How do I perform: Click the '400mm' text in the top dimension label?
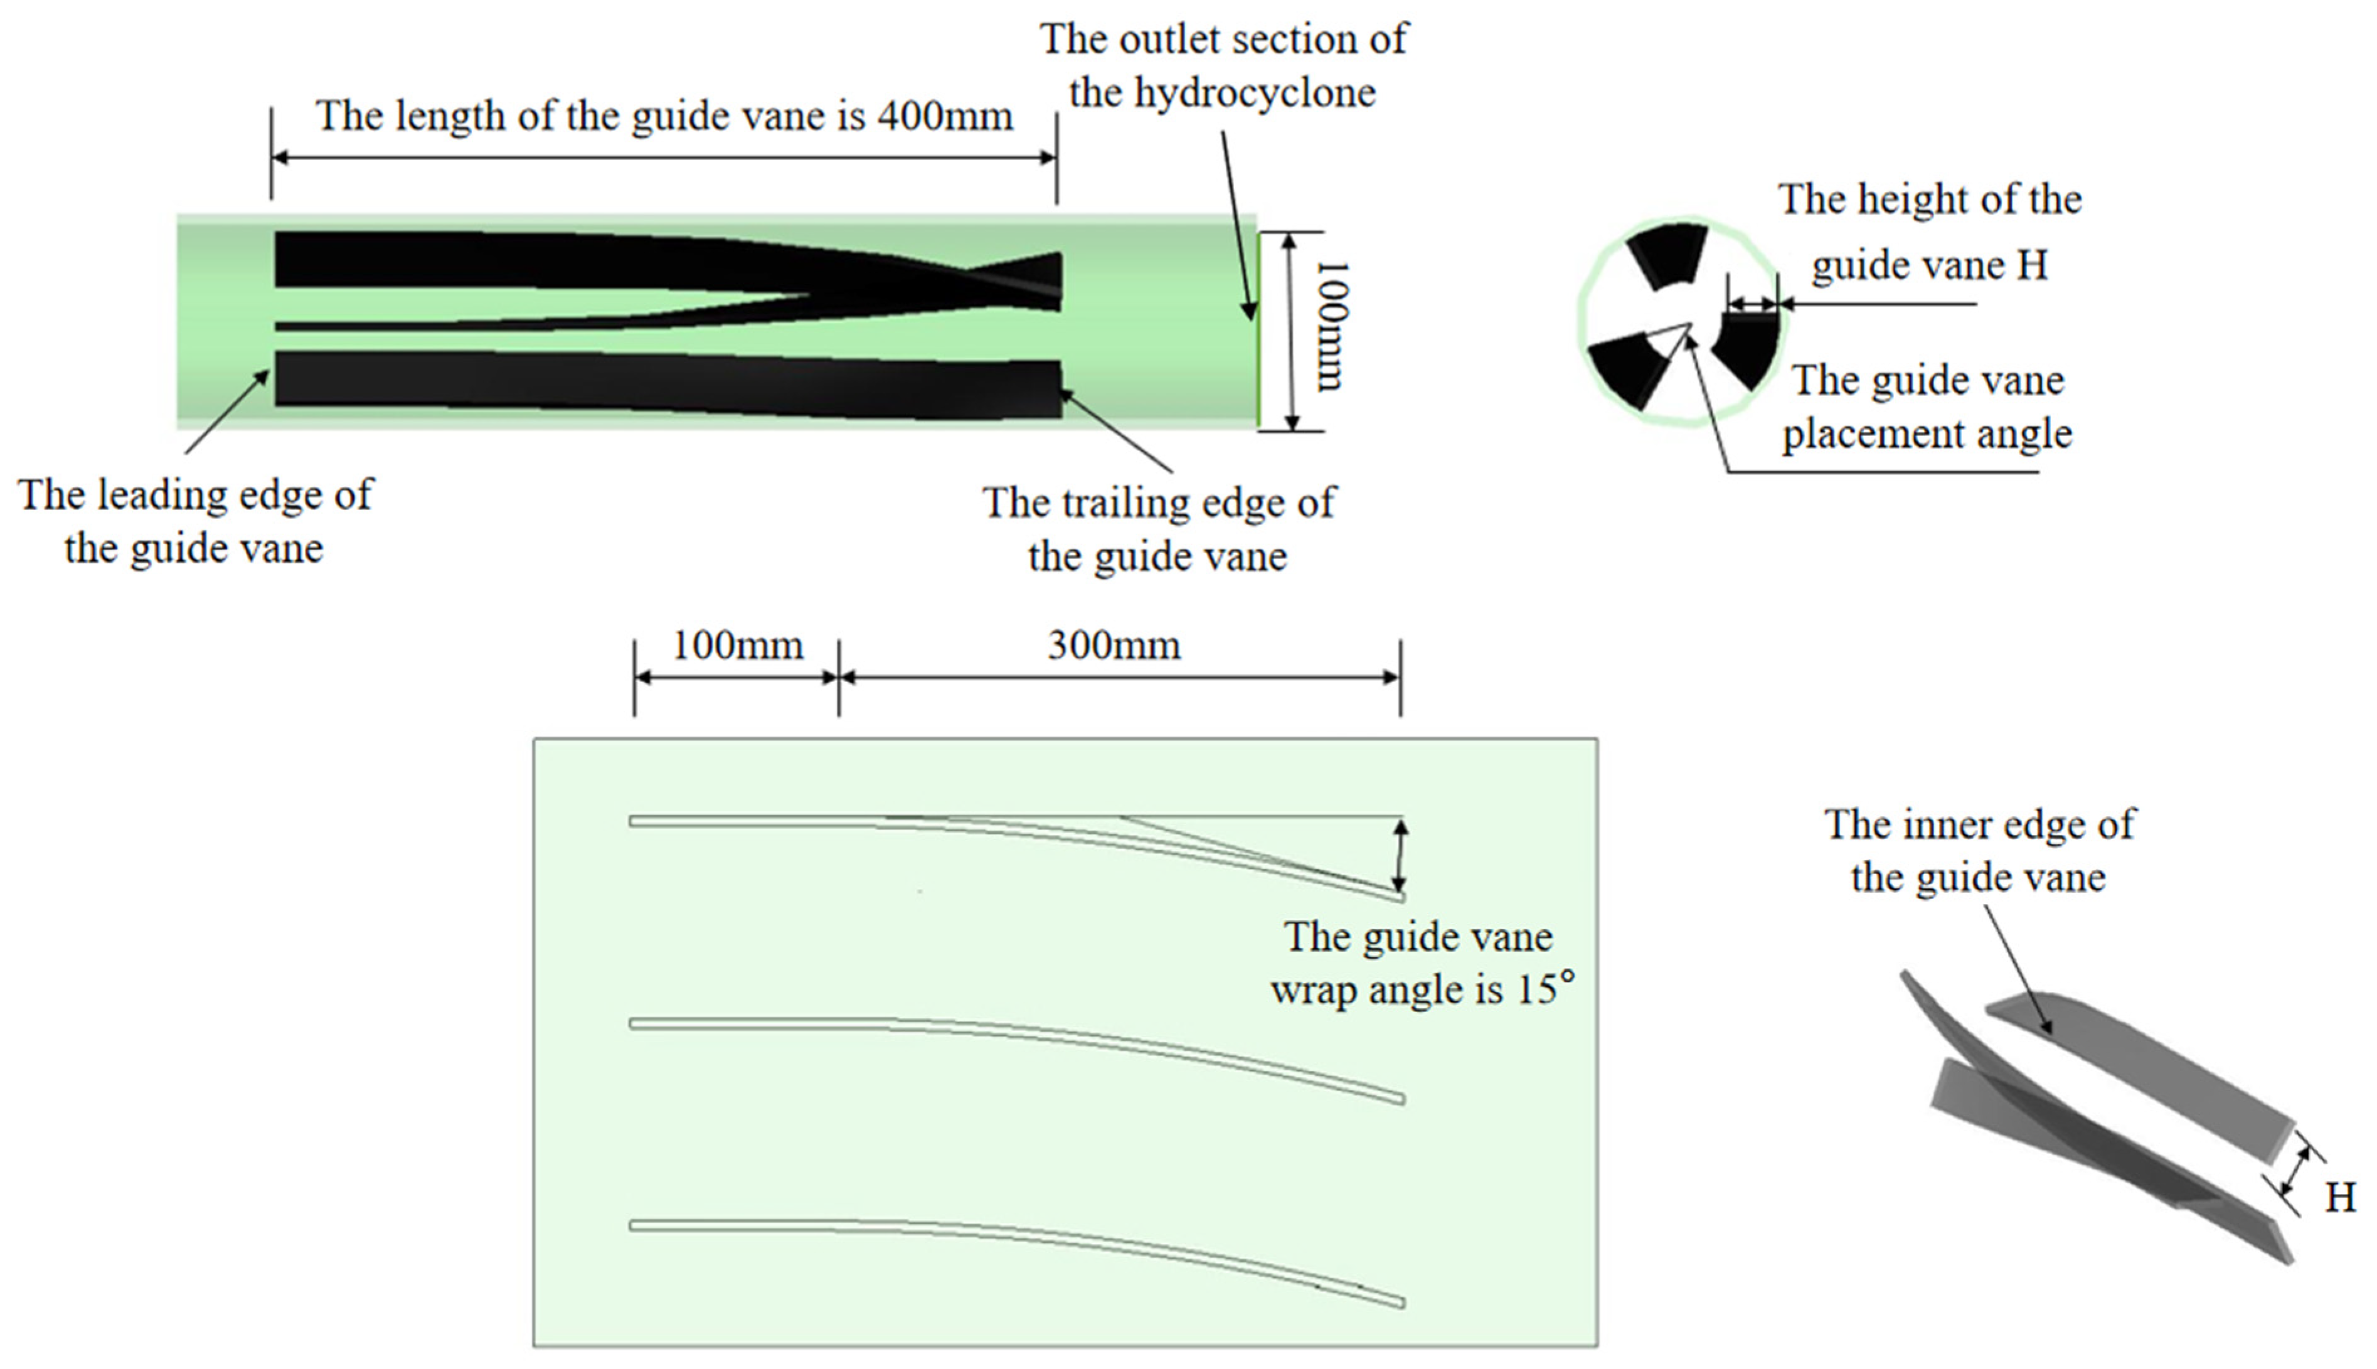click(945, 117)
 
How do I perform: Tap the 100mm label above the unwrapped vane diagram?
click(738, 646)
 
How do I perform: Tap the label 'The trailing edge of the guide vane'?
click(1158, 530)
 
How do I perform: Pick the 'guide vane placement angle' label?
click(1927, 407)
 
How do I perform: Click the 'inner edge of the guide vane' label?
click(1979, 851)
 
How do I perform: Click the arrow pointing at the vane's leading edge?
click(226, 412)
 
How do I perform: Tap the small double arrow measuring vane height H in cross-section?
click(1752, 304)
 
